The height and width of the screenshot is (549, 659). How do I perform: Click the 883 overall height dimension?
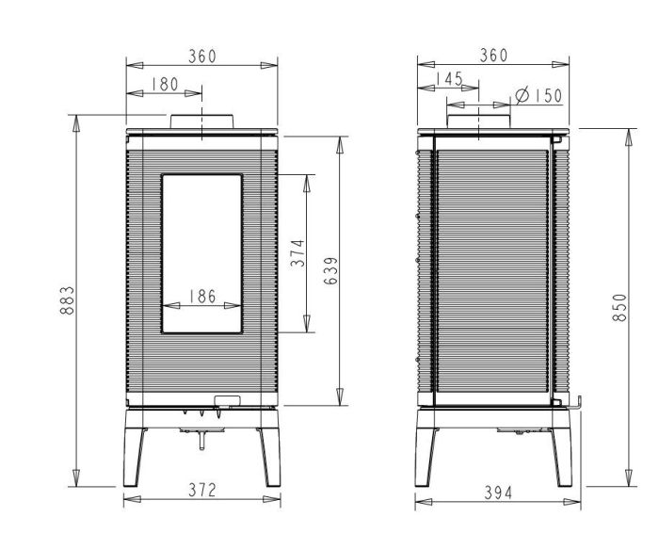67,300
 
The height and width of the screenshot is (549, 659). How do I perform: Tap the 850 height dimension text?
619,308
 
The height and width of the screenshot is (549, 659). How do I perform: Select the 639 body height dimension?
331,270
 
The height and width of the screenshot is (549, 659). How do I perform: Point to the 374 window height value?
297,253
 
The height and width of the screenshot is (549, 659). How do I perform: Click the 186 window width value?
202,297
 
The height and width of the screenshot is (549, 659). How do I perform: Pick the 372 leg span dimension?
202,490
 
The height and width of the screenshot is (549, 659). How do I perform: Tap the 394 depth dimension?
498,492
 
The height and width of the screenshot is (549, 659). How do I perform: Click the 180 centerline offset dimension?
165,85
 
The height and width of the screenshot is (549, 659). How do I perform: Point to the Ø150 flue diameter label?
538,96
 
